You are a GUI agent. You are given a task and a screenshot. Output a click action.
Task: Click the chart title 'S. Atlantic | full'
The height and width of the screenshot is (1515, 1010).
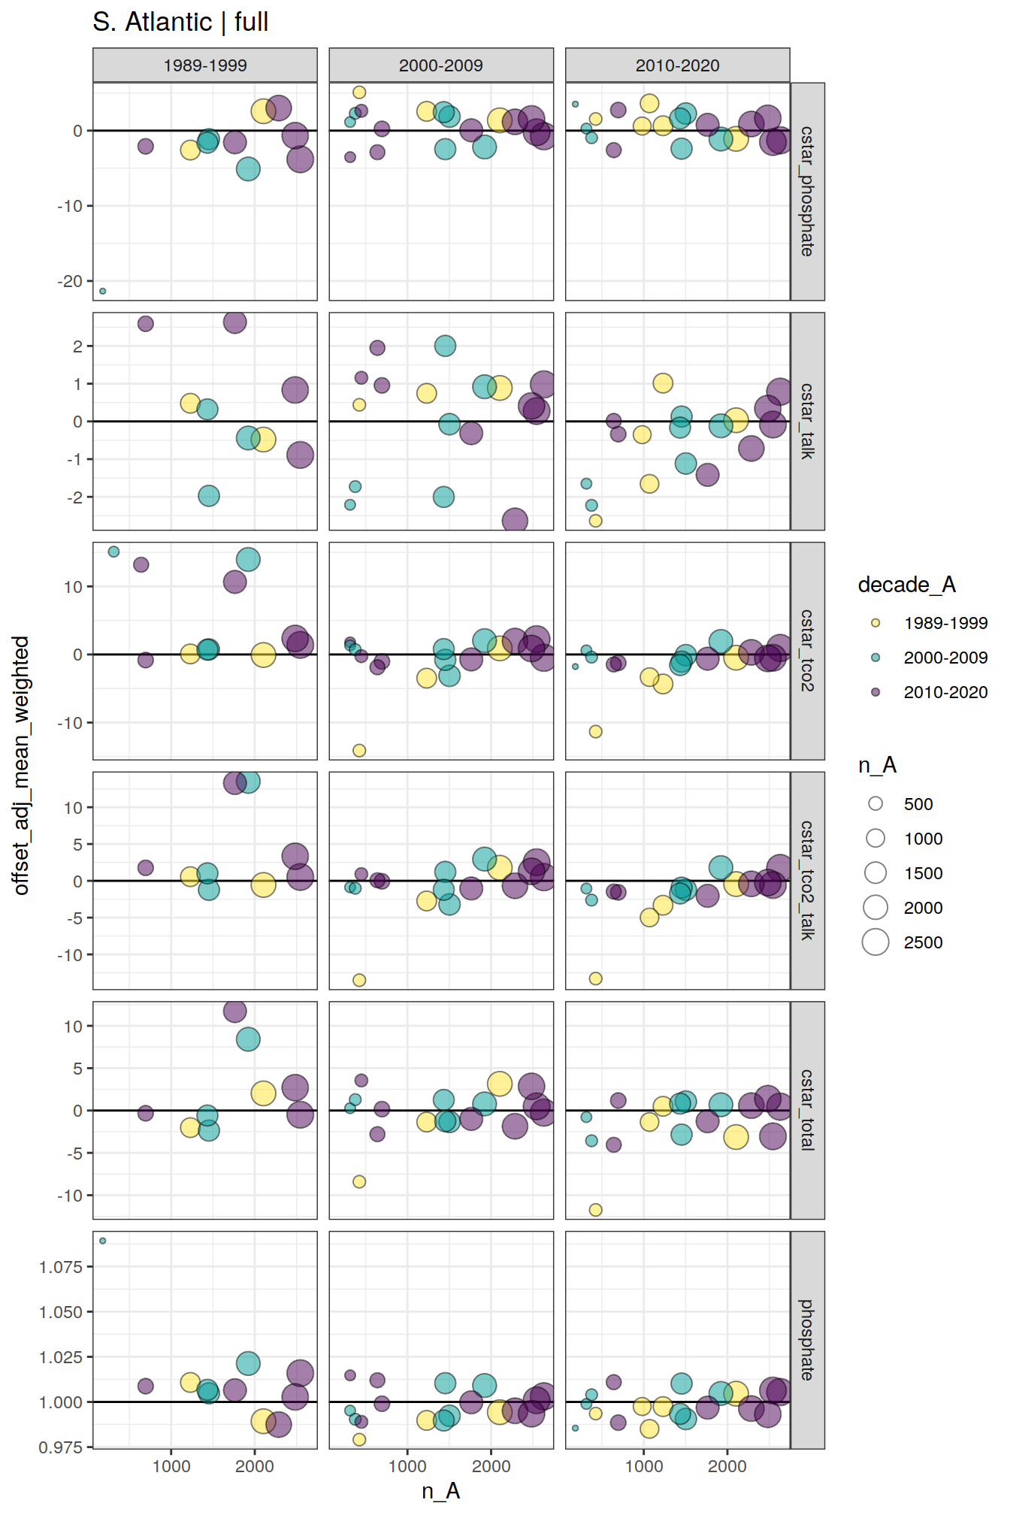(x=180, y=23)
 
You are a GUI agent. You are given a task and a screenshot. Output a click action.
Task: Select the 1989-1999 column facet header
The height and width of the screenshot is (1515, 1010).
(x=205, y=65)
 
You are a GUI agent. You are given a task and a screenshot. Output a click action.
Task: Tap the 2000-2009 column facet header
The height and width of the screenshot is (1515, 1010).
(x=441, y=65)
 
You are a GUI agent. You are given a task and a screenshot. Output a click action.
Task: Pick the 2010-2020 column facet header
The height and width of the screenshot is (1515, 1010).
(x=677, y=65)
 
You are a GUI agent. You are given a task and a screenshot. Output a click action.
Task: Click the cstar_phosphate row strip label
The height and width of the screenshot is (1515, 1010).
(x=807, y=192)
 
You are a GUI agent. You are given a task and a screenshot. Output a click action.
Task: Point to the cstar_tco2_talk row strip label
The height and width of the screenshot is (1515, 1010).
(x=807, y=880)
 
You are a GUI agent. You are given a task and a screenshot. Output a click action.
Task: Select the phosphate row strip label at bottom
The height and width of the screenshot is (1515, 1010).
(x=807, y=1340)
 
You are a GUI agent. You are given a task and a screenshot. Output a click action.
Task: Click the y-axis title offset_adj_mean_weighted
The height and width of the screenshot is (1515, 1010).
(x=21, y=765)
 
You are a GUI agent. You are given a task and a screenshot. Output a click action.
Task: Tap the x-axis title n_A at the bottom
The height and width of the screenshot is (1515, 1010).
(x=441, y=1491)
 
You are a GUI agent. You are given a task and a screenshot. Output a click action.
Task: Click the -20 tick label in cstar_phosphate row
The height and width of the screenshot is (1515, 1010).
(x=70, y=281)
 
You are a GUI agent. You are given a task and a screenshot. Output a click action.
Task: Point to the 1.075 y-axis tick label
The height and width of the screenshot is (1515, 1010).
(x=61, y=1267)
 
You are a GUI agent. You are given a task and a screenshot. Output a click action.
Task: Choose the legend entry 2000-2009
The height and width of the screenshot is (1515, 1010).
(x=945, y=658)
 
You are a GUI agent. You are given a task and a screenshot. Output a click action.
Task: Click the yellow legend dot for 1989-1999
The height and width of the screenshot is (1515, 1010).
(x=875, y=623)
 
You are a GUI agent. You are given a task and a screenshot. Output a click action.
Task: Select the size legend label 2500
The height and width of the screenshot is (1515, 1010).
(x=923, y=942)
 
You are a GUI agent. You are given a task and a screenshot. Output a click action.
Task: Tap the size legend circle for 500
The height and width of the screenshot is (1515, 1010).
(x=875, y=804)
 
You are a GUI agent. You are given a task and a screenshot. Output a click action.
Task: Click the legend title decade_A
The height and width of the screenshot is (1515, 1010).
(x=906, y=585)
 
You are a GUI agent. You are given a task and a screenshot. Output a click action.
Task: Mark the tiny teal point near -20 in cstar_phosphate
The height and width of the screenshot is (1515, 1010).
(x=103, y=291)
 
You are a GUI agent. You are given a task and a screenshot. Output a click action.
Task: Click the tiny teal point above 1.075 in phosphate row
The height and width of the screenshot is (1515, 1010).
(x=103, y=1241)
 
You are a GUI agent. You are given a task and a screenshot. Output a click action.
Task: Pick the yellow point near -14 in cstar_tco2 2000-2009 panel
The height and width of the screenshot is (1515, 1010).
(x=359, y=751)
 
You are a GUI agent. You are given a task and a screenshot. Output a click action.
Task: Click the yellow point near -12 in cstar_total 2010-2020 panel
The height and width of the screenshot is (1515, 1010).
(x=596, y=1210)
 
